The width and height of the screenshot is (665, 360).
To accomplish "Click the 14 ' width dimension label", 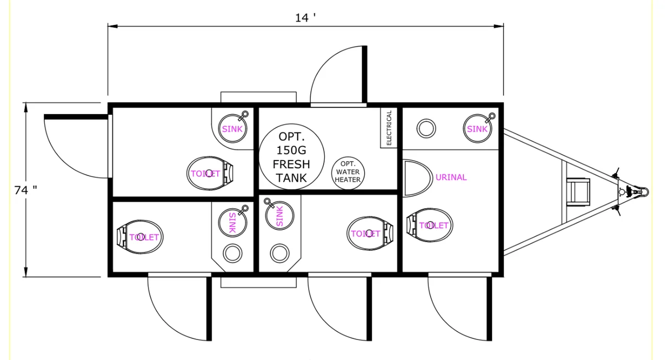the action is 305,18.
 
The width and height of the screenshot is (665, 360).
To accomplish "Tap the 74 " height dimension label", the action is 26,190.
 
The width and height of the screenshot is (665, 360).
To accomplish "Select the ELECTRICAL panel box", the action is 389,127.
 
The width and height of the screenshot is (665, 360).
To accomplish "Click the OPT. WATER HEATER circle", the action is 348,173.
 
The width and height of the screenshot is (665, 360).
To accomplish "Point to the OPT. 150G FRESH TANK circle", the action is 291,157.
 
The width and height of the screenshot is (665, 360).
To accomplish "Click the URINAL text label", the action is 451,177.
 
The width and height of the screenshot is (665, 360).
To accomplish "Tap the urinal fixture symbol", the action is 417,178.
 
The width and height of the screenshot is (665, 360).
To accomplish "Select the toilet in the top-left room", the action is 210,173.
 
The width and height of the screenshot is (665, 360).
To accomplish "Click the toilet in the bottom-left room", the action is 140,237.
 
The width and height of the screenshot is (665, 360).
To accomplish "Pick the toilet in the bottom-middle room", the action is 370,233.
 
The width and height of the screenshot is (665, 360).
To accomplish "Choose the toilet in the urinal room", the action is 429,225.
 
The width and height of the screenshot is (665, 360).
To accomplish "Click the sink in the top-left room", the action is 233,128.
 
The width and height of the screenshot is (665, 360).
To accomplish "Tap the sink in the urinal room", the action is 478,128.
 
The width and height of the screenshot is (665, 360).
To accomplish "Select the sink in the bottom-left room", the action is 233,222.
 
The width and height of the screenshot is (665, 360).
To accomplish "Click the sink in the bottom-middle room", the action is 279,215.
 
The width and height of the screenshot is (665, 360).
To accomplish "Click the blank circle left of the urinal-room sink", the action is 426,128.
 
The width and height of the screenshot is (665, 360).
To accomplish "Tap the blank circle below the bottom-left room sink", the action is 232,253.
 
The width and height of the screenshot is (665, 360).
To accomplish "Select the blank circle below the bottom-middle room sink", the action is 280,254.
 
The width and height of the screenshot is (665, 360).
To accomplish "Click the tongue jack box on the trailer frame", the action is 578,192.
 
